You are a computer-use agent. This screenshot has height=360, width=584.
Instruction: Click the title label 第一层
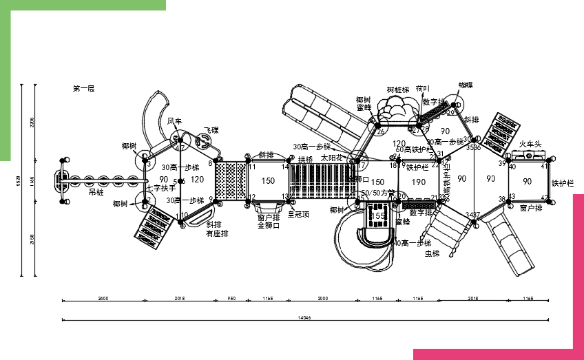83,89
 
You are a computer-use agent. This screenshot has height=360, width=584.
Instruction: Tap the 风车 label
175,121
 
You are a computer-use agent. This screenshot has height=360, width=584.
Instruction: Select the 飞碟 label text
211,130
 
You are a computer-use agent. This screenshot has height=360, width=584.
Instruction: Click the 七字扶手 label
161,187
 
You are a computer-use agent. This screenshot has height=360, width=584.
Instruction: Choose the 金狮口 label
269,225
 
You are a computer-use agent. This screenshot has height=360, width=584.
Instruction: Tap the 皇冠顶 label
298,214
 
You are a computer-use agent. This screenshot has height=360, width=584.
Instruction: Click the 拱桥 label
305,159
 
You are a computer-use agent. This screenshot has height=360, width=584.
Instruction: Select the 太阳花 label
331,158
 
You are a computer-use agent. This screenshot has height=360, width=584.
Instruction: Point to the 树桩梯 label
397,89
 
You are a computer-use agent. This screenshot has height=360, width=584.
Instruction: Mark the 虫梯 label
432,254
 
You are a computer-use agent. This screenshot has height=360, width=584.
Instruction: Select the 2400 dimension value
103,298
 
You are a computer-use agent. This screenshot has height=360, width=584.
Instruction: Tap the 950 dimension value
231,298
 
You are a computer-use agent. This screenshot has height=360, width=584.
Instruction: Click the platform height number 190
418,182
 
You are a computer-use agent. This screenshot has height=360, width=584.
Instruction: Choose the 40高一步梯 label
412,243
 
